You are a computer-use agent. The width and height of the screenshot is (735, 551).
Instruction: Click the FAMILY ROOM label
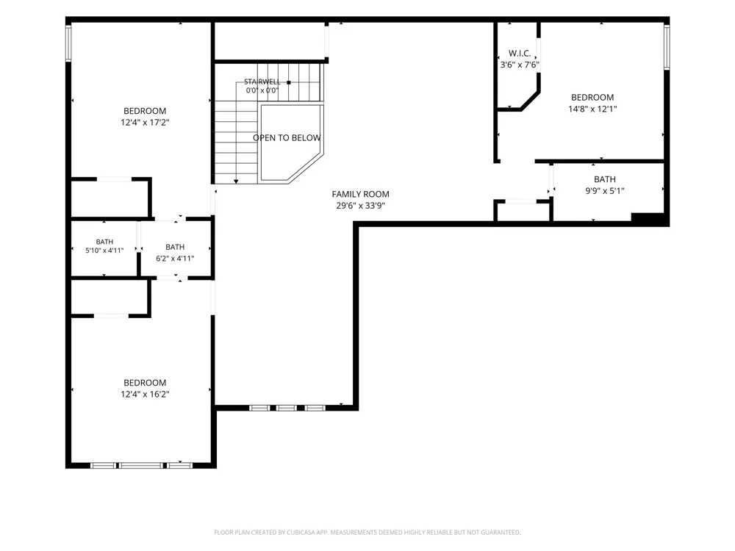[x=360, y=194]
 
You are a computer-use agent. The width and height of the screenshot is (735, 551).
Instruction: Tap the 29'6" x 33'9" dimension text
[x=360, y=205]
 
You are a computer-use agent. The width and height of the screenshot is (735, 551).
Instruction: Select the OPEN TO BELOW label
[x=287, y=138]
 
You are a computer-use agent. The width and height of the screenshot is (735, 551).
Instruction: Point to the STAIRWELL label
[x=262, y=82]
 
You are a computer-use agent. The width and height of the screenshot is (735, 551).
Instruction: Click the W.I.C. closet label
[x=520, y=54]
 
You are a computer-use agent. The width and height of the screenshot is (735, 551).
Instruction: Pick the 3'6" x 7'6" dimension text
[x=520, y=65]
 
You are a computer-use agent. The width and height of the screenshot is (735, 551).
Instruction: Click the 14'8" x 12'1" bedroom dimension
[x=592, y=109]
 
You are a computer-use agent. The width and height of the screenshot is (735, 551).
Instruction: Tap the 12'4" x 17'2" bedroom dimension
[x=145, y=122]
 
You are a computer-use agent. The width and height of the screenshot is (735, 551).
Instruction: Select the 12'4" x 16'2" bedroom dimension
[x=145, y=394]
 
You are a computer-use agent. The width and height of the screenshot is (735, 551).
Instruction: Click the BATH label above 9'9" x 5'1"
[x=605, y=179]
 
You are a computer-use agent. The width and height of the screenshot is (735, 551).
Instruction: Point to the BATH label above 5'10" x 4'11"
[x=104, y=242]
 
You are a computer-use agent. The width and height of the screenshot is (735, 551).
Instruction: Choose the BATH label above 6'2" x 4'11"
[x=175, y=247]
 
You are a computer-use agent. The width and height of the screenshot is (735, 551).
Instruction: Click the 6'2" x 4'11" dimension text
[x=175, y=258]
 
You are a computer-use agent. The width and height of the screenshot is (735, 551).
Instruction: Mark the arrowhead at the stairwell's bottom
[x=236, y=181]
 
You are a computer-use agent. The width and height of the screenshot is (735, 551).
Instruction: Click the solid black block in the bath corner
[x=648, y=217]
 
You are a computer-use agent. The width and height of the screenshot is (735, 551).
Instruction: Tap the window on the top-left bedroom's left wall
[x=68, y=43]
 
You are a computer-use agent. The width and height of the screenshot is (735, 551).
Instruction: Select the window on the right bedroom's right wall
[x=667, y=47]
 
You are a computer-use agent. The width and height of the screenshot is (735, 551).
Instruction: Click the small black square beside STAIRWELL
[x=289, y=82]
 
